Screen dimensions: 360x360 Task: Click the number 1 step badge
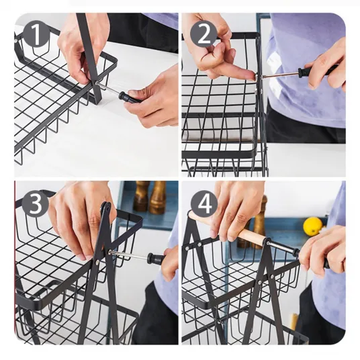coord(36,34)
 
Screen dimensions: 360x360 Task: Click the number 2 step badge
coord(204,35)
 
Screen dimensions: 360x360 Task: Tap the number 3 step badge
coord(36,204)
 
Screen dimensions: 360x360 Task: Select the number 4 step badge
coord(204,204)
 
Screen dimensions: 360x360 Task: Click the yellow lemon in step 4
coord(312,226)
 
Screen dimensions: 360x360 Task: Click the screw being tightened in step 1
coord(96,83)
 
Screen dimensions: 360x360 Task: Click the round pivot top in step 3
coord(106,206)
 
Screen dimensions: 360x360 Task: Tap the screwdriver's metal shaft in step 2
coord(279,75)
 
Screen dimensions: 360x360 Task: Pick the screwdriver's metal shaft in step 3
coord(128,255)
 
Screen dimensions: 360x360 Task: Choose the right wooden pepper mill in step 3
coord(158,197)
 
